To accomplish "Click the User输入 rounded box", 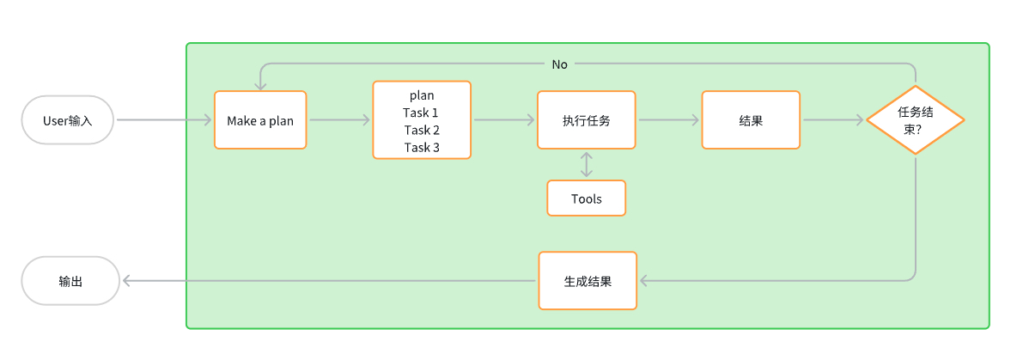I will (x=67, y=120).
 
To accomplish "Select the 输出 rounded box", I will (x=70, y=281).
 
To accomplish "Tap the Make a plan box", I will (x=260, y=120).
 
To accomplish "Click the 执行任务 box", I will (x=587, y=120).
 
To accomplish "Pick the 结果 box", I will (x=751, y=120).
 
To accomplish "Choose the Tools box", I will (x=587, y=198).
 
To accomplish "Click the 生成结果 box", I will (x=588, y=281).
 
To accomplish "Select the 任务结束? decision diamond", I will (x=915, y=119).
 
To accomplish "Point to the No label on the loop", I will (x=560, y=64).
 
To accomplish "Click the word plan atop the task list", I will (x=422, y=95).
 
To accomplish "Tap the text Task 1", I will (x=422, y=113).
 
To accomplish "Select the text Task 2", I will (x=422, y=130).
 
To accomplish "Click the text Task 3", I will (x=422, y=147).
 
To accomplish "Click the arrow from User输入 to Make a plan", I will (x=163, y=120).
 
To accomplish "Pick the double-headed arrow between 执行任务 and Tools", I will (x=587, y=164).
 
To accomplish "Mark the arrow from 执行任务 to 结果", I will (x=668, y=120).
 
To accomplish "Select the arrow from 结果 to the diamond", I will (x=832, y=120).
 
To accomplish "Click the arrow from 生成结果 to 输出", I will (x=330, y=281).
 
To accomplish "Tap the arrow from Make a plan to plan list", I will (x=339, y=120).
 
